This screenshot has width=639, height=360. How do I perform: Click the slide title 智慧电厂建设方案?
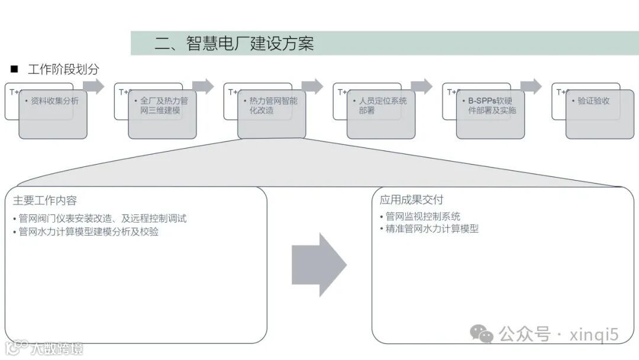click(234, 43)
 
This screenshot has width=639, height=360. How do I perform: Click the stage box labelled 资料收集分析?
click(53, 114)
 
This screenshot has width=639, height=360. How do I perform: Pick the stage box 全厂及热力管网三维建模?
click(162, 114)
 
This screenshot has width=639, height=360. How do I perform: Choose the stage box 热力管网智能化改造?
click(272, 114)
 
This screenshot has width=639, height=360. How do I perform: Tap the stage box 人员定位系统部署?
click(381, 114)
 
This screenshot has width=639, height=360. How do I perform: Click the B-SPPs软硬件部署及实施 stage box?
click(490, 114)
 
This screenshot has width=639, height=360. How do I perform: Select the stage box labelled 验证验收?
click(599, 114)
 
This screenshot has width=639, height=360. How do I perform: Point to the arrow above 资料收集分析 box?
click(93, 86)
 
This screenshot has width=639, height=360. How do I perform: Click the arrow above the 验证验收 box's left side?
click(531, 86)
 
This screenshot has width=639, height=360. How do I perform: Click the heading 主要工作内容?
click(45, 200)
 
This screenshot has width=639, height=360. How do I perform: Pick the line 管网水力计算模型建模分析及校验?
click(86, 232)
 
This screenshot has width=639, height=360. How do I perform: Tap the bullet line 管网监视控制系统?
click(419, 216)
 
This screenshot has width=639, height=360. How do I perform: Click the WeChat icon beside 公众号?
click(482, 334)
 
